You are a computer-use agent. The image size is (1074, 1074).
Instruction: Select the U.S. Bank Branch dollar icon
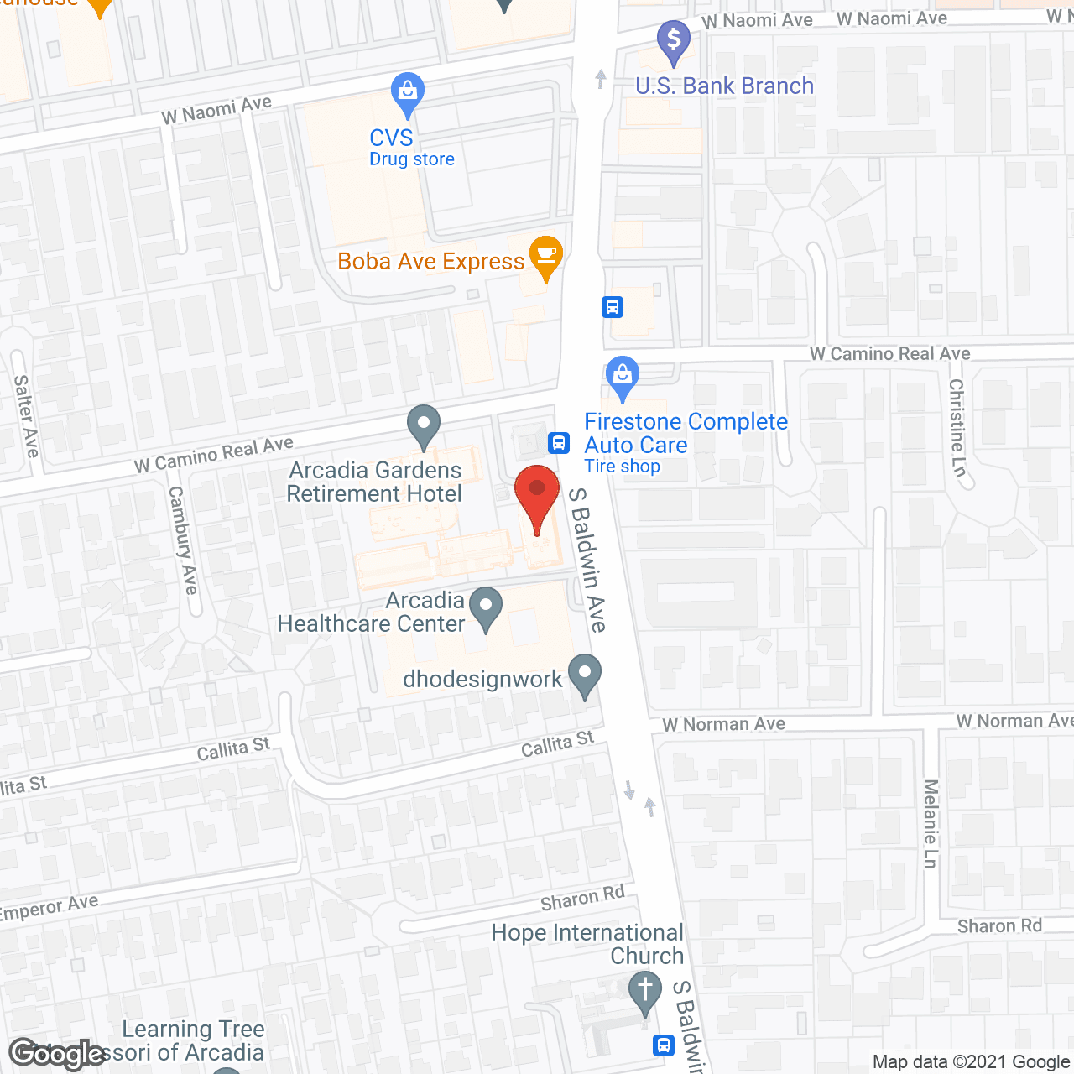click(673, 41)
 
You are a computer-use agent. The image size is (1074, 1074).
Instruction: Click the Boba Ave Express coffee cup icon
click(546, 256)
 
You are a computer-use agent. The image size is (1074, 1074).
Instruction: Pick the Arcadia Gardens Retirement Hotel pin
click(424, 425)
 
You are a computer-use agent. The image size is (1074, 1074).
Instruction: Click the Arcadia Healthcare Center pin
click(485, 607)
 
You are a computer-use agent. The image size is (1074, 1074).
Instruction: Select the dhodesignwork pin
click(585, 675)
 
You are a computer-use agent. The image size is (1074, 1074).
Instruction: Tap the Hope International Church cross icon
click(644, 992)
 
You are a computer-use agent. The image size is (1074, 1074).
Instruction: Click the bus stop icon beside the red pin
click(559, 442)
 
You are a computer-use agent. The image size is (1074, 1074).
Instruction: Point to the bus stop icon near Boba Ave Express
click(613, 307)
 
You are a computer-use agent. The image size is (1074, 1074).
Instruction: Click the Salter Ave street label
click(26, 416)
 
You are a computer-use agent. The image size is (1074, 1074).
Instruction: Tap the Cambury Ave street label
click(183, 540)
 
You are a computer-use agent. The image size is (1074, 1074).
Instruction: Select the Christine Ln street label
click(957, 427)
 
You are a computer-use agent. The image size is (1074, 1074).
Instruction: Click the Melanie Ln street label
click(931, 824)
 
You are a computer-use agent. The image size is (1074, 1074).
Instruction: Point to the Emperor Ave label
click(49, 908)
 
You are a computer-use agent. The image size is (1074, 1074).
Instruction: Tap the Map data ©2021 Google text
click(972, 1062)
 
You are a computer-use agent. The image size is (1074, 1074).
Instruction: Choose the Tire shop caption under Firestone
click(622, 467)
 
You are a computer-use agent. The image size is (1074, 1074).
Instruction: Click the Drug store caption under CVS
click(412, 159)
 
